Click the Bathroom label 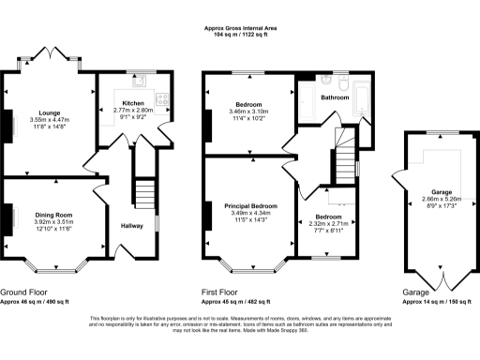coord(335,97)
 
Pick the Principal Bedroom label coord(250,204)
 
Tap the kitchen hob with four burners coord(161,97)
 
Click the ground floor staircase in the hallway coord(142,195)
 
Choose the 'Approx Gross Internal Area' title coord(240,29)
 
